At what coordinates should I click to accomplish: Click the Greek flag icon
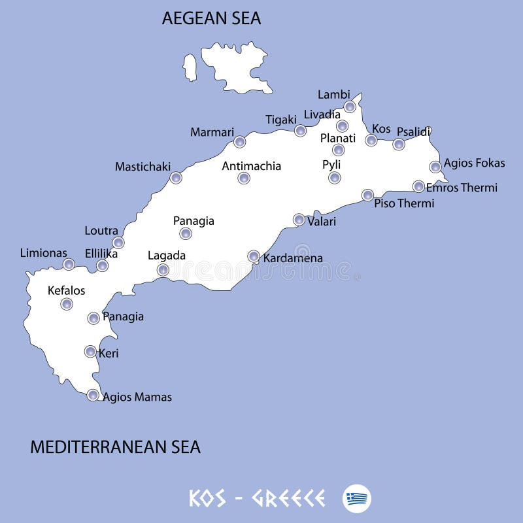356,499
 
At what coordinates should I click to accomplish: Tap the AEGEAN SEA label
211,19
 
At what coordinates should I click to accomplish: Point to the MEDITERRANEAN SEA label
115,447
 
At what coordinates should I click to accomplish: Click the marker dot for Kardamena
254,256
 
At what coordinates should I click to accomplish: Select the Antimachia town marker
244,178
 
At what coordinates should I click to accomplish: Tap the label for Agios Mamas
137,397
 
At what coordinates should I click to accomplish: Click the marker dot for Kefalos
67,304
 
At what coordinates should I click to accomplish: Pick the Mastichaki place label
143,167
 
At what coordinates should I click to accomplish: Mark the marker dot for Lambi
350,107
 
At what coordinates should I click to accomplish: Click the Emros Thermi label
462,188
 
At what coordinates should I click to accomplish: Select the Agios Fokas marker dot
435,167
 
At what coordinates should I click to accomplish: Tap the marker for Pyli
335,178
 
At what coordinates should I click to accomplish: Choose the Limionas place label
43,252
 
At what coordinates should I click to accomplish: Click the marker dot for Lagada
163,269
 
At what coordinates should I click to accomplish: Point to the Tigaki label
281,120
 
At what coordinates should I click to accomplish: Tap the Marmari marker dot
240,142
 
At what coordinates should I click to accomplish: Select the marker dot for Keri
90,352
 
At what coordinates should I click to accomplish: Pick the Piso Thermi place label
404,203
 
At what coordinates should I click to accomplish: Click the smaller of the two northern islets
190,67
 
